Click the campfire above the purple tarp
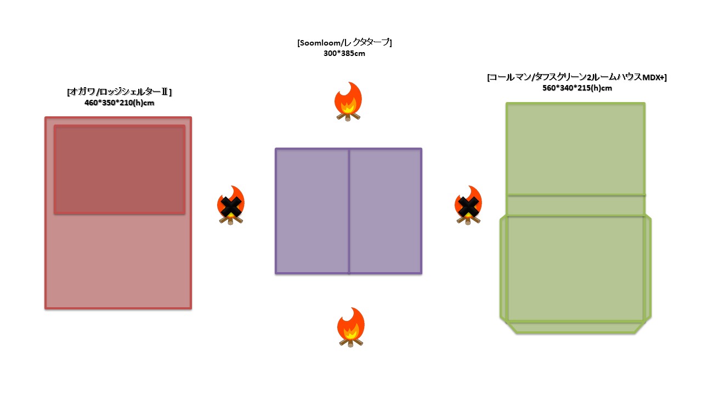coord(348,101)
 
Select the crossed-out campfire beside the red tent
coord(231,205)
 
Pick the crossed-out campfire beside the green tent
coord(468,205)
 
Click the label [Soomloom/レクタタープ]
coord(344,43)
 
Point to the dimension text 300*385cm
coord(344,53)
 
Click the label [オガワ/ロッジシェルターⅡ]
coord(119,92)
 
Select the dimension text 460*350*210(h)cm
coord(119,103)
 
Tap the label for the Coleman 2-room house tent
coord(576,77)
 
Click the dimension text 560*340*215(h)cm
coord(576,88)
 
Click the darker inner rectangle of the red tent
coord(119,170)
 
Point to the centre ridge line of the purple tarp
coord(349,211)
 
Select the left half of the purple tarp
coord(312,211)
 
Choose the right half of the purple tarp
coord(385,211)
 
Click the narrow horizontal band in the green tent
coord(575,205)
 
